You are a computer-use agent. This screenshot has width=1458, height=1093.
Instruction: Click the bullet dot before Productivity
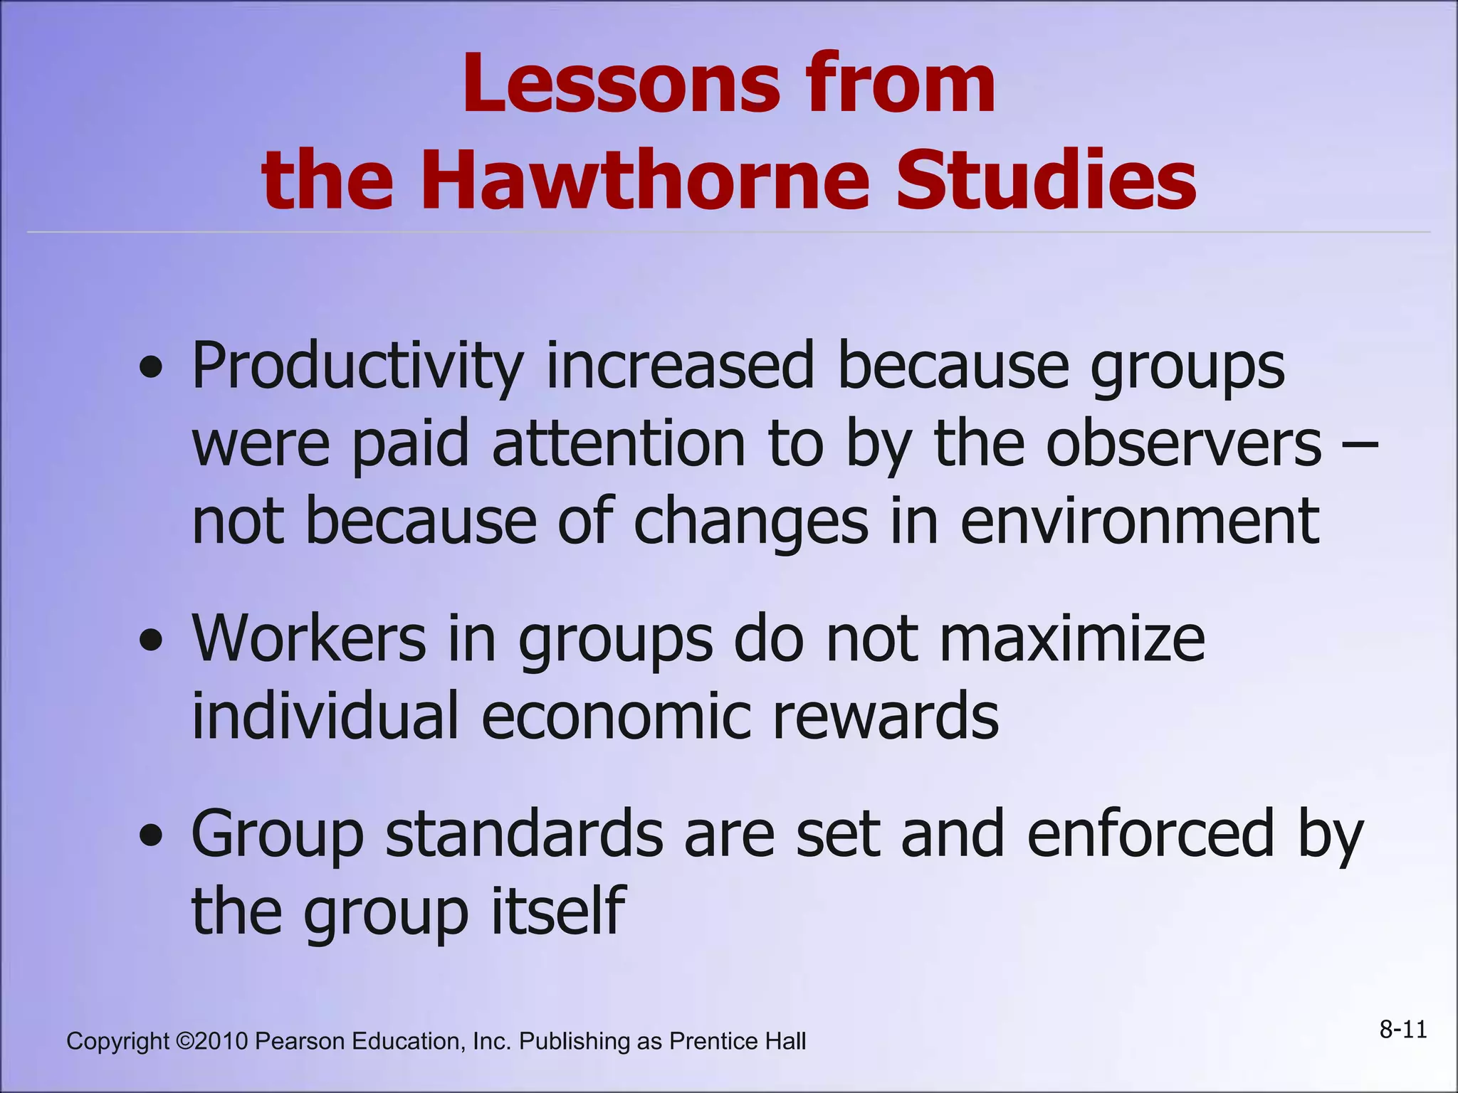coord(151,369)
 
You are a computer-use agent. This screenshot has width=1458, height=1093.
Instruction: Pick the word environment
coord(1140,521)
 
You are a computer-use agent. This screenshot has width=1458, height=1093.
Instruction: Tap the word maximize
coord(1072,639)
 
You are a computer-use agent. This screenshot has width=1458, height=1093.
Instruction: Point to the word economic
coord(616,716)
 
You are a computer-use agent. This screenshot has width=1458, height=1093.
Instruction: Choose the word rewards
coord(886,716)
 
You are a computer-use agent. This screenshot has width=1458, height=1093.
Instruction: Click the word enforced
coord(1150,833)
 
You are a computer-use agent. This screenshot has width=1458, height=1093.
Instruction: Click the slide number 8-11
coord(1403,1030)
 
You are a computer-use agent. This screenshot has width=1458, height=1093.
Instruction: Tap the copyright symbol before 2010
coord(184,1041)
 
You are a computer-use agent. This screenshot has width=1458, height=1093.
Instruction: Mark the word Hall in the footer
coord(786,1041)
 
